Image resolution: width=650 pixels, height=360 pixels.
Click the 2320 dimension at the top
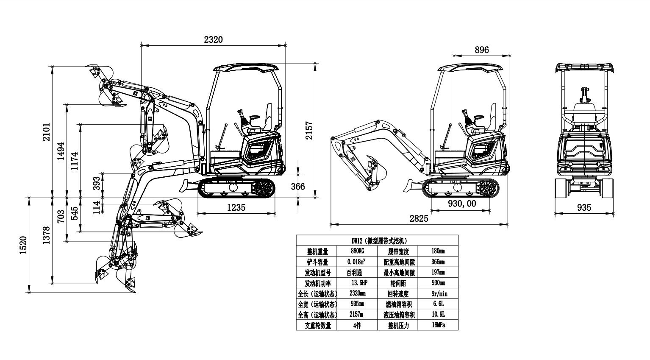[x=213, y=39]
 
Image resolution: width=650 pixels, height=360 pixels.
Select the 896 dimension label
[x=482, y=50]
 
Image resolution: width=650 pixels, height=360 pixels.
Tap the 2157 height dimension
[x=309, y=130]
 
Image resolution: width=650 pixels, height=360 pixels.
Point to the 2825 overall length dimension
[x=419, y=218]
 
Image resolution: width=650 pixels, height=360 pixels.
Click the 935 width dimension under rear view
[x=584, y=207]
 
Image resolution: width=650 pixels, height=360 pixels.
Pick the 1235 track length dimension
[x=236, y=207]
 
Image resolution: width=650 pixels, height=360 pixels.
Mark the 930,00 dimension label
[x=462, y=204]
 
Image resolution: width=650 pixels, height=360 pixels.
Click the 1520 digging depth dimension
[x=23, y=246]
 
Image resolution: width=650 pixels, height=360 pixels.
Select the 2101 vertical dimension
[x=47, y=132]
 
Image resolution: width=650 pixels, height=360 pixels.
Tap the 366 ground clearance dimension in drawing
[x=298, y=187]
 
